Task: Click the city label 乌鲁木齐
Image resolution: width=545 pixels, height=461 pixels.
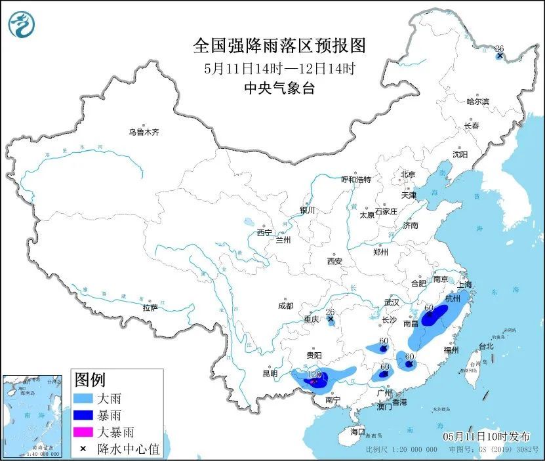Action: pos(144,132)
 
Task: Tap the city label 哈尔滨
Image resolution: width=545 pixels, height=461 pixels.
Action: pos(478,102)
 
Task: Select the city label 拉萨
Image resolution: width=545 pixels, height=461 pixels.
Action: pos(150,308)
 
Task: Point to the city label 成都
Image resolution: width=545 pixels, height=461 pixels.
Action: pos(285,306)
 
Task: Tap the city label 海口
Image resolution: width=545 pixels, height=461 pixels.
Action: pos(357,432)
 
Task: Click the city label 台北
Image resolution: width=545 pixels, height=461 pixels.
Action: pos(485,346)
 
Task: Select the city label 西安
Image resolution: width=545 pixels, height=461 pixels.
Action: pos(334,261)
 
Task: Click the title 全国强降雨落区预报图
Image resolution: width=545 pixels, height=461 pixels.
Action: pos(279,46)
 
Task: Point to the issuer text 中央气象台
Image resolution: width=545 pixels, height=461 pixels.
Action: pos(279,89)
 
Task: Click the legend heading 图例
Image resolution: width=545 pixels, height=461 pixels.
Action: pos(91,380)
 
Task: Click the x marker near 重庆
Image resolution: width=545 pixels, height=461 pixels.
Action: pos(331,320)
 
